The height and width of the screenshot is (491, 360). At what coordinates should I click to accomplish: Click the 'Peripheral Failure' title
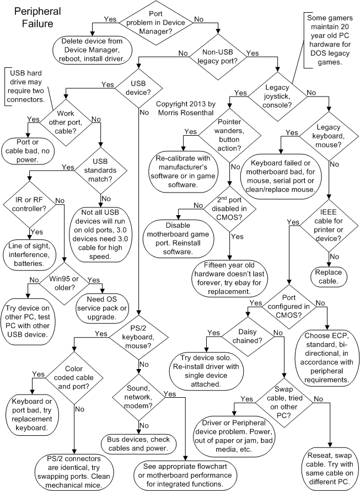pos(34,18)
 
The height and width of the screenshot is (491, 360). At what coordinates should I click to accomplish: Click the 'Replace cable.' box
pos(329,276)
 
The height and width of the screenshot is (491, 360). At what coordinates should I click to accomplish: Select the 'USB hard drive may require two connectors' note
pos(27,86)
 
